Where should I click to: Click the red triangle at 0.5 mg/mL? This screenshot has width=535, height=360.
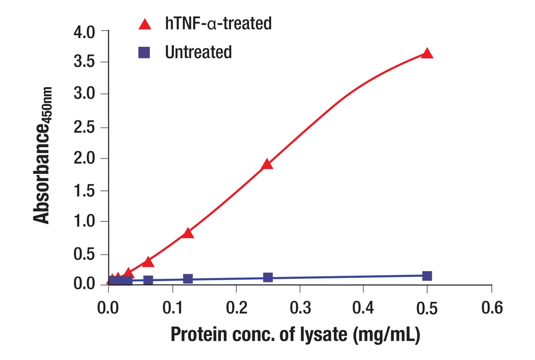427,53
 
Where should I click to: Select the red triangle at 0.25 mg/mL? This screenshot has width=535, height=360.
267,164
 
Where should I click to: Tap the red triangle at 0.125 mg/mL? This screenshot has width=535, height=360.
188,233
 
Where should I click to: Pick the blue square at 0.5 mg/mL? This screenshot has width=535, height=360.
427,276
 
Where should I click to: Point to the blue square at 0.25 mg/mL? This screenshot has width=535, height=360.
268,277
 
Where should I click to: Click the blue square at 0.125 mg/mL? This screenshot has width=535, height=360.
188,279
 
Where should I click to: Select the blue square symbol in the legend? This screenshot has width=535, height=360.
144,52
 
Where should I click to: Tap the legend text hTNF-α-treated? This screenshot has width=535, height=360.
218,23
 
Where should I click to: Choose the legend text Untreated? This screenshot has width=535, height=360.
198,52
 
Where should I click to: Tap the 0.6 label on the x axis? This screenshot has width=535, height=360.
491,308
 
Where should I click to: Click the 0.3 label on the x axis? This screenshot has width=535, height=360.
300,308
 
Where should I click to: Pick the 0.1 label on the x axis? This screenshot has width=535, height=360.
172,308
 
